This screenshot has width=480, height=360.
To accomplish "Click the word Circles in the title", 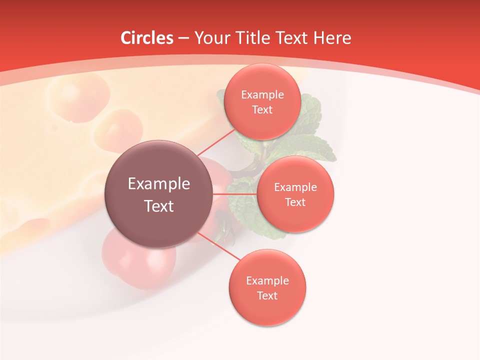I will coord(147,38).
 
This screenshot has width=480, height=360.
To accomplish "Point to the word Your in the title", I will coord(211,38).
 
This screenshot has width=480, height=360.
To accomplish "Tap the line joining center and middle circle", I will coord(235,193).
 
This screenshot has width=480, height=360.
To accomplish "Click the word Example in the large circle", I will coord(159,184).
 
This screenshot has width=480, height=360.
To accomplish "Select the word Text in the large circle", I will coord(159,206).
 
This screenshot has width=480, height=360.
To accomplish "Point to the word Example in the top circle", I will coord(262,95).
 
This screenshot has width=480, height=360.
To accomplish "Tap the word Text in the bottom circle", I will coord(267,295).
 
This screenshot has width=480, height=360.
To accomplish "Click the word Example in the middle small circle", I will coord(295,187).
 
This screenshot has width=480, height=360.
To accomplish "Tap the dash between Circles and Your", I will coord(183,38).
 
